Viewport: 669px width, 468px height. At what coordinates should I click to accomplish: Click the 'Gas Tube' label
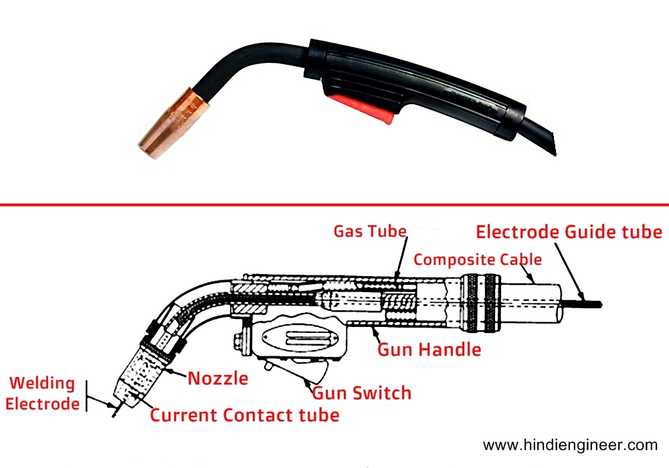pyautogui.click(x=370, y=231)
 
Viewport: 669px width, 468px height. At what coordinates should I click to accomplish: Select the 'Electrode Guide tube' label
pyautogui.click(x=569, y=232)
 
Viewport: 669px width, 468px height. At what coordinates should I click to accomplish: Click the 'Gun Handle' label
pyautogui.click(x=429, y=349)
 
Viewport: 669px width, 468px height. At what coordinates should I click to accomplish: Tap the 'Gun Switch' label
pyautogui.click(x=361, y=392)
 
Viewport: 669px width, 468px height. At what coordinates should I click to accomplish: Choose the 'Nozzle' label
pyautogui.click(x=217, y=378)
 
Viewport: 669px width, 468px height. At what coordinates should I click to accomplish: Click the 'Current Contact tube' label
pyautogui.click(x=244, y=415)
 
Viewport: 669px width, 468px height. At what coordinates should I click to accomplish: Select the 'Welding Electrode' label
pyautogui.click(x=41, y=393)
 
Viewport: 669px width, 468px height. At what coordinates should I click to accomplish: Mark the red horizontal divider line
pyautogui.click(x=334, y=205)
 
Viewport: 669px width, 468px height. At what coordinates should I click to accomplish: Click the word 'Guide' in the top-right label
pyautogui.click(x=583, y=232)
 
